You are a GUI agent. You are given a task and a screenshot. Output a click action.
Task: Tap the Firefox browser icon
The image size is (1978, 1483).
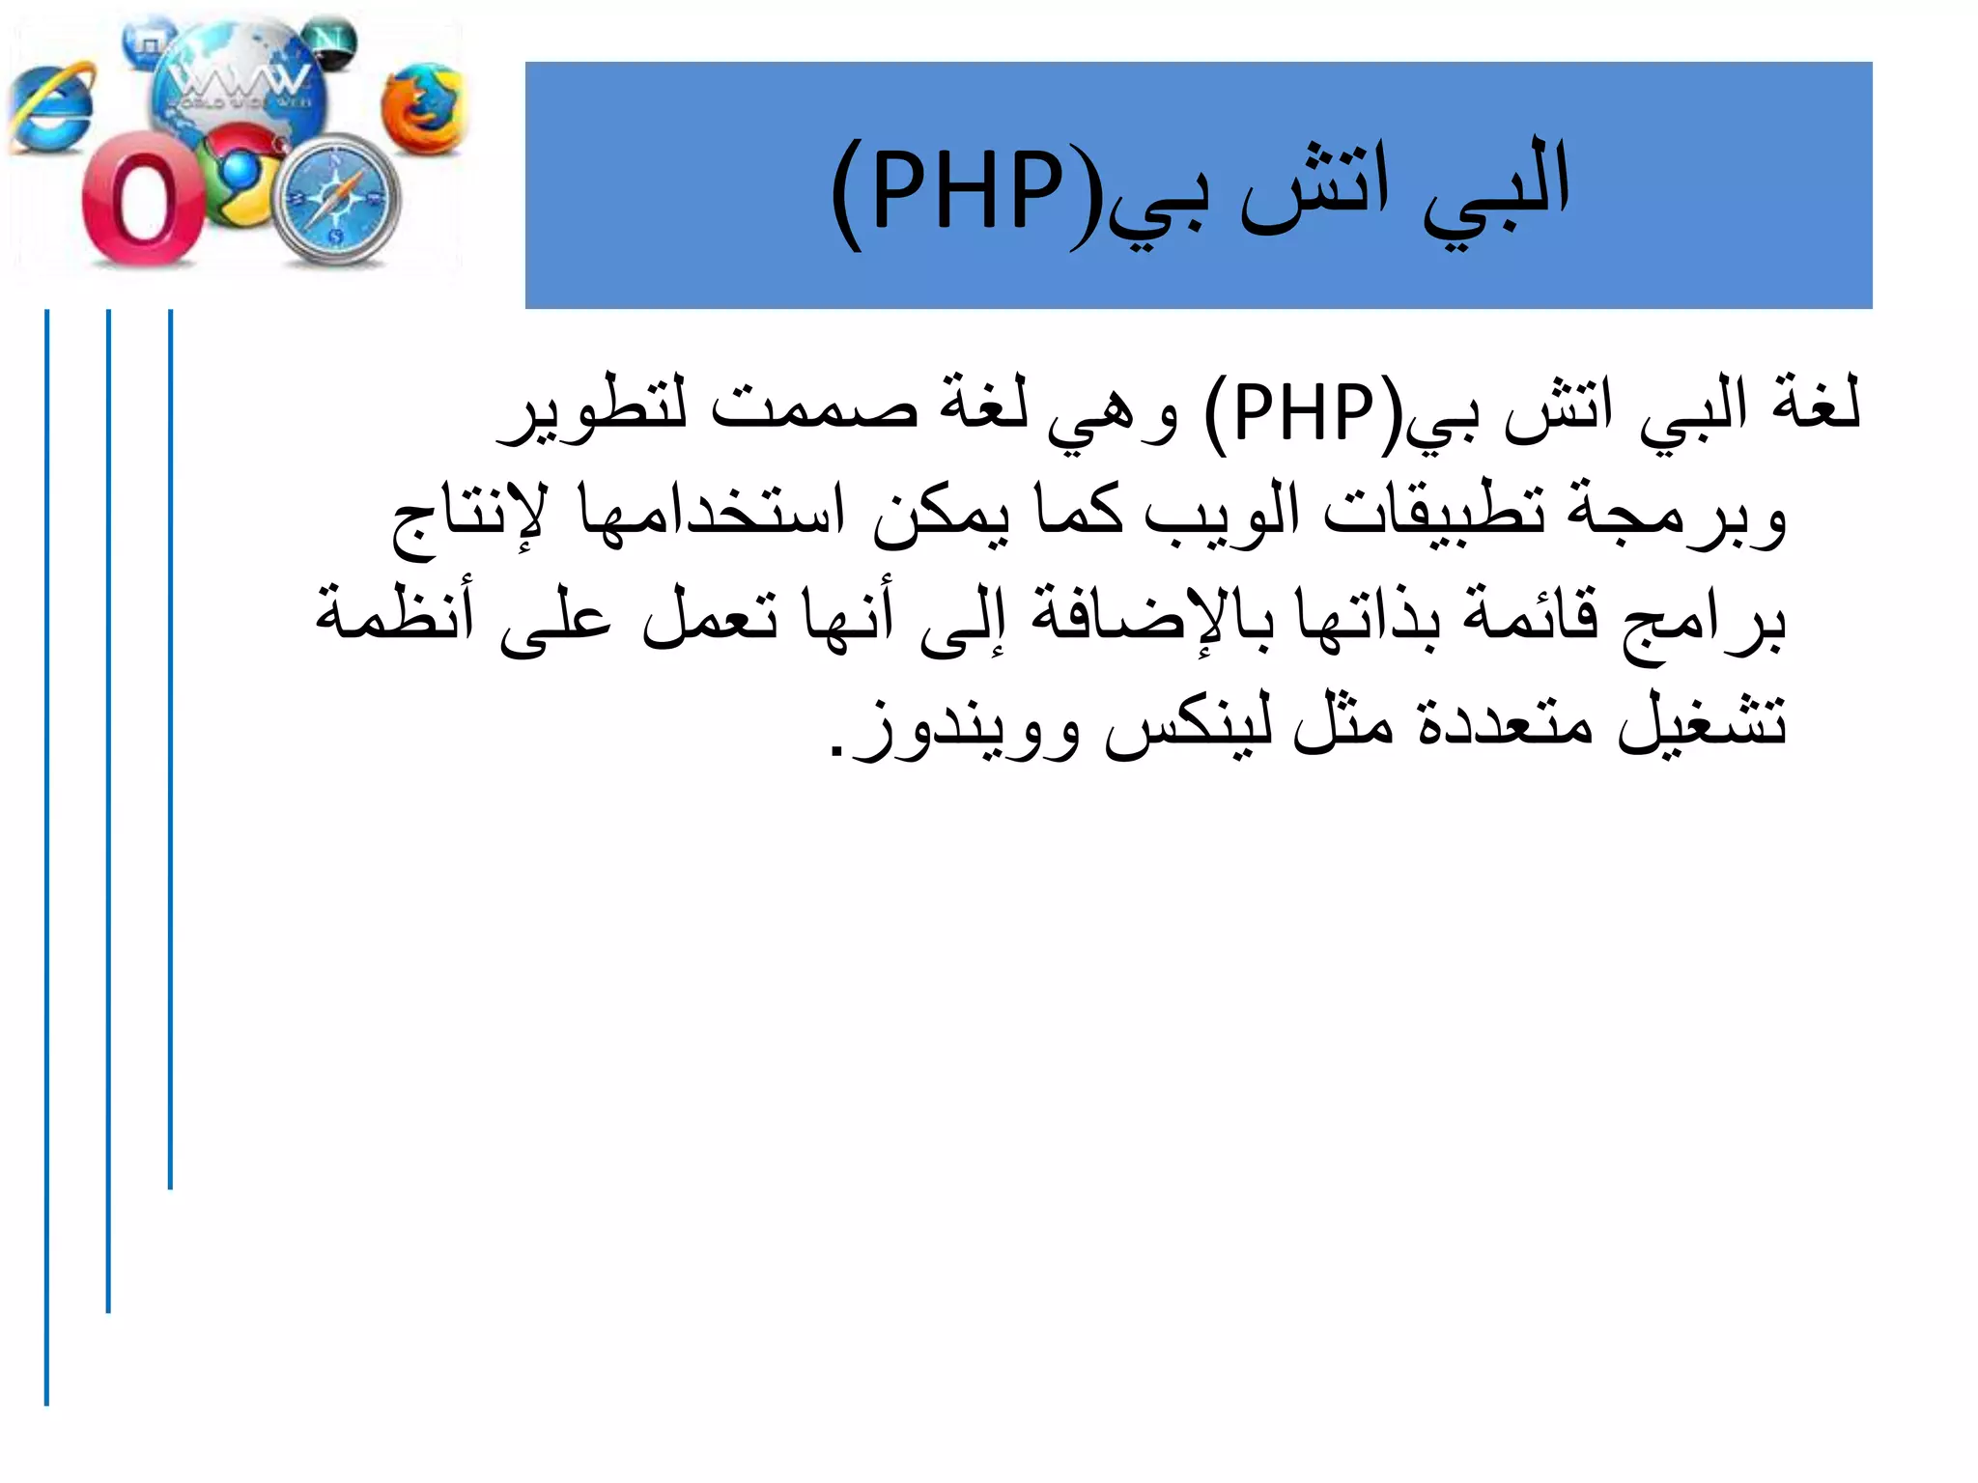click(x=422, y=108)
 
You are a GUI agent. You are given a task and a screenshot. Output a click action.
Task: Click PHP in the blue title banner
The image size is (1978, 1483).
click(x=966, y=193)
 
